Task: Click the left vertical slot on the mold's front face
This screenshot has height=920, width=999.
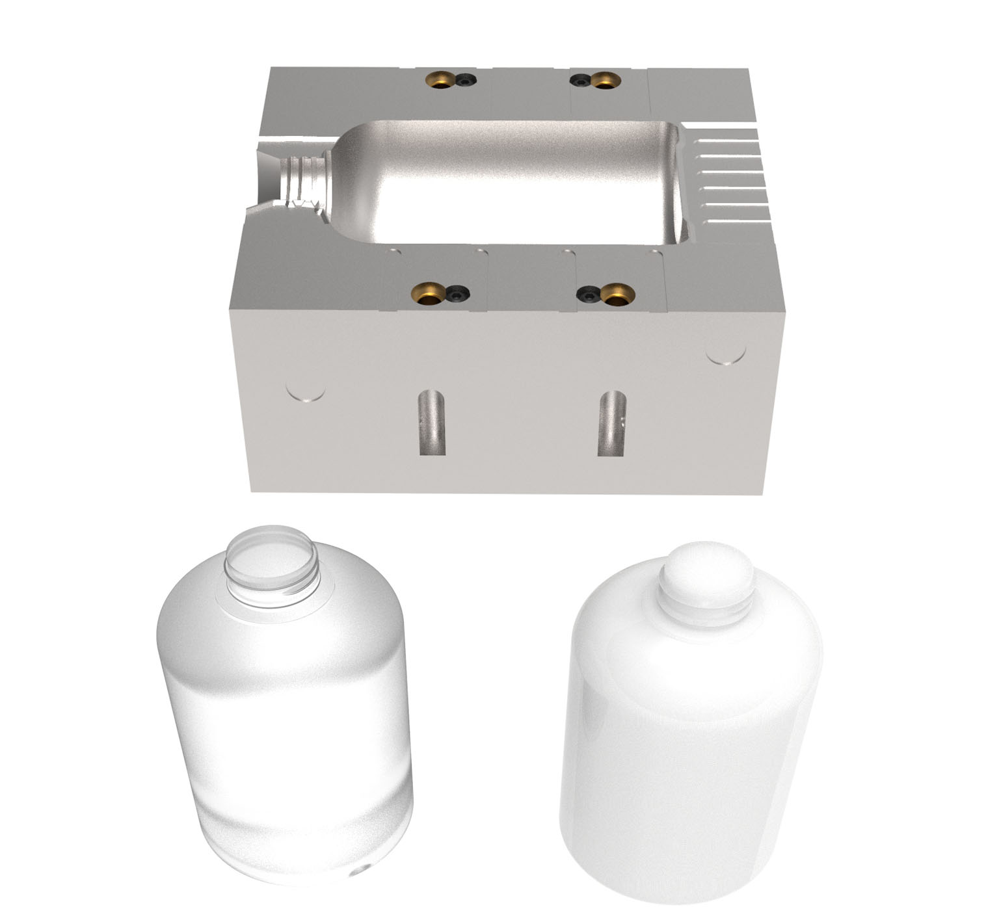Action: pos(432,423)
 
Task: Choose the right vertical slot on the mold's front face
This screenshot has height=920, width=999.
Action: pos(611,423)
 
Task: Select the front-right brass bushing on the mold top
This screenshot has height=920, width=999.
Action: pos(615,294)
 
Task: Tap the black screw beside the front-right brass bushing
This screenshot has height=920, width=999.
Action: pos(589,295)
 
